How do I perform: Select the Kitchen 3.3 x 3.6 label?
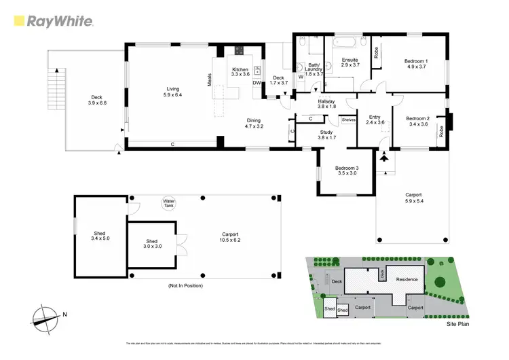point(240,73)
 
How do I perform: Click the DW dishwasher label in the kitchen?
point(257,83)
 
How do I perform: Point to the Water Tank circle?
point(168,202)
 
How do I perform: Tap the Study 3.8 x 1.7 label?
point(326,135)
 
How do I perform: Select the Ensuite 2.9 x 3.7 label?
point(347,62)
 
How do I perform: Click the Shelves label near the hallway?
point(349,120)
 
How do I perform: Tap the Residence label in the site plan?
point(407,279)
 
